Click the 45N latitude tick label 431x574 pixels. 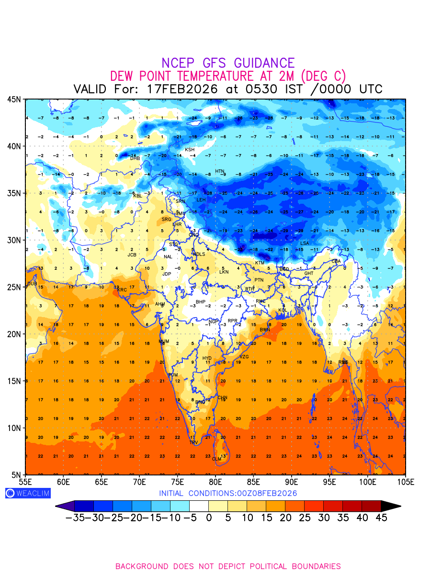coord(13,99)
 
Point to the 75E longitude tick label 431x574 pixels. coord(178,481)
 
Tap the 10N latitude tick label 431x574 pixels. coord(13,428)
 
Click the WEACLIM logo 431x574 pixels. coord(27,493)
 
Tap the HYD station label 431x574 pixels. coord(207,358)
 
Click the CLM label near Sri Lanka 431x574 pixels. coord(217,459)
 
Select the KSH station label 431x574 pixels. coord(190,150)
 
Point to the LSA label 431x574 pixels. coord(305,243)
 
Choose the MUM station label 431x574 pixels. coord(164,342)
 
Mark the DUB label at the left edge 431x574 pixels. coord(32,284)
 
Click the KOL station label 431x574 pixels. coord(283,310)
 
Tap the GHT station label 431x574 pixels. coord(309,274)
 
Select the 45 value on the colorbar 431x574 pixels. coord(381,518)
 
